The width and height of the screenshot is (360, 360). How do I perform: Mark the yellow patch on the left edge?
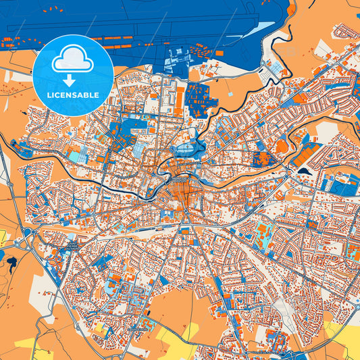tap(3, 237)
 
